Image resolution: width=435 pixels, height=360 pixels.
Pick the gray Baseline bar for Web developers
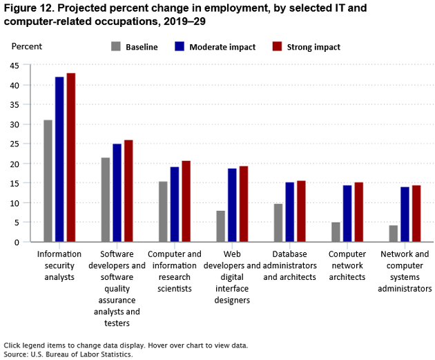tap(220, 227)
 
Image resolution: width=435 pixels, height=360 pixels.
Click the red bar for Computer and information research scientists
tap(186, 201)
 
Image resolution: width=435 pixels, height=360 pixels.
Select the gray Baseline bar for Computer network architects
tap(336, 232)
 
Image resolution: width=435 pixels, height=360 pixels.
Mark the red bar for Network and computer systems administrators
tap(416, 214)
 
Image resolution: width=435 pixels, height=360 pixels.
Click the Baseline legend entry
tap(135, 47)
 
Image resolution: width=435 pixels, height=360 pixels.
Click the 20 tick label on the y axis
tap(15, 164)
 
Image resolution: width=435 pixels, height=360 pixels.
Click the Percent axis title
tap(27, 46)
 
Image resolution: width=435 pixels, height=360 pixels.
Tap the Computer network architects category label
tap(347, 265)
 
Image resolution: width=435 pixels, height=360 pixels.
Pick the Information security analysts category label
tap(59, 265)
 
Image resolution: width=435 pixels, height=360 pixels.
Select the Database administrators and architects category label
tap(289, 265)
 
